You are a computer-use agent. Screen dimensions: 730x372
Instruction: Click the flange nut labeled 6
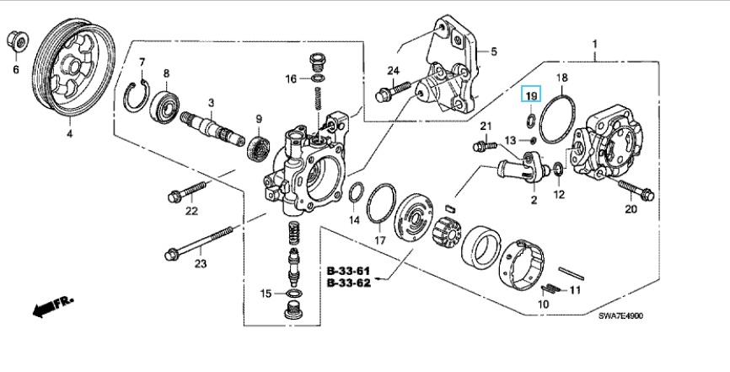click(18, 42)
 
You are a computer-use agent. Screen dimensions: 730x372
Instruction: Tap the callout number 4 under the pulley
click(69, 134)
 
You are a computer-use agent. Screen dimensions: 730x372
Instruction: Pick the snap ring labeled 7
click(136, 96)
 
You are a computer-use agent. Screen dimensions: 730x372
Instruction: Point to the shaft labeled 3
click(212, 130)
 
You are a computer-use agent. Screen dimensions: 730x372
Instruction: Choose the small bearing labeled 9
click(259, 147)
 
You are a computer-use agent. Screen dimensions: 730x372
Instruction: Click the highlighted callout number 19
click(531, 96)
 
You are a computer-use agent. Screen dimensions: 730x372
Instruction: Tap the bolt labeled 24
click(393, 91)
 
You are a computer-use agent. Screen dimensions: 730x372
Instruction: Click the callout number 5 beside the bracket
click(493, 51)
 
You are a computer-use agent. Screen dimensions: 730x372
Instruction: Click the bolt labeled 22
click(186, 192)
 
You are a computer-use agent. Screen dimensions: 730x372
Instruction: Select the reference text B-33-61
click(348, 271)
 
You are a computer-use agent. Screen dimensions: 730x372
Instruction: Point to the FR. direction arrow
click(52, 307)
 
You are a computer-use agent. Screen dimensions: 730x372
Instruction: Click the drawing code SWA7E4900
click(620, 316)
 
